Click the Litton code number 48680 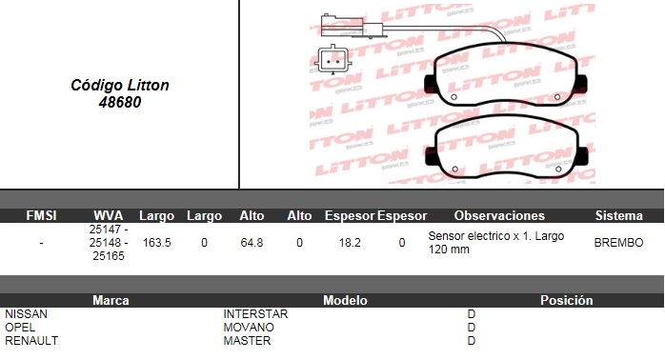pos(120,102)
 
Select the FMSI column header pos(41,215)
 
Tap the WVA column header pos(109,215)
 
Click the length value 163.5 pos(157,243)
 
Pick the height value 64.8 pos(252,243)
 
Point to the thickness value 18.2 pos(350,243)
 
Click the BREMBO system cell pos(618,243)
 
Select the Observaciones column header pos(499,215)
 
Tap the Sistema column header pos(619,215)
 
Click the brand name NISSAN pos(27,313)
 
